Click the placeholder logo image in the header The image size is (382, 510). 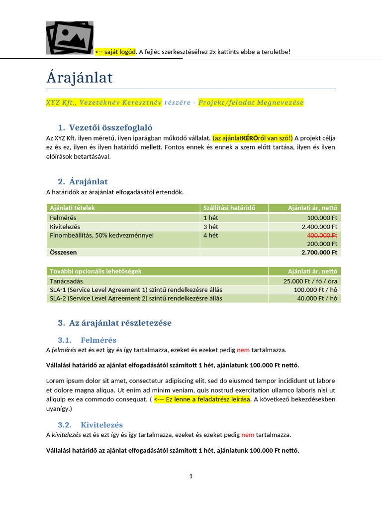pyautogui.click(x=70, y=37)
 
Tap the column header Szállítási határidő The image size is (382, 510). pyautogui.click(x=229, y=208)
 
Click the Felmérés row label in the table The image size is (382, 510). pyautogui.click(x=63, y=218)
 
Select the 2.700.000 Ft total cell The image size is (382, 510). pyautogui.click(x=319, y=253)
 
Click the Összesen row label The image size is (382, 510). pyautogui.click(x=63, y=253)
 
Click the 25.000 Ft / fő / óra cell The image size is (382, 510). pyautogui.click(x=310, y=281)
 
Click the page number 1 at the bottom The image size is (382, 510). pyautogui.click(x=191, y=476)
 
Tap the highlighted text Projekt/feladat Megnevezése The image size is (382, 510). pyautogui.click(x=251, y=103)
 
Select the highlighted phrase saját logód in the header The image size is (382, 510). pyautogui.click(x=119, y=52)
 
